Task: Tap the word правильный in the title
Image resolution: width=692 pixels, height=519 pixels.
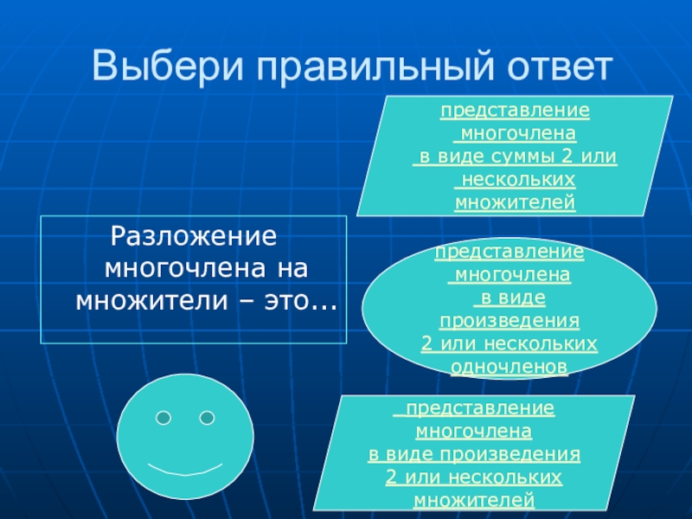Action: pyautogui.click(x=375, y=67)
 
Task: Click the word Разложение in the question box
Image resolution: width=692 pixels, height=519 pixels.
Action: pyautogui.click(x=193, y=236)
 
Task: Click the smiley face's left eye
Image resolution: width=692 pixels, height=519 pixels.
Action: pyautogui.click(x=163, y=418)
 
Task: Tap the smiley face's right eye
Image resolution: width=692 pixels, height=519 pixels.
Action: pyautogui.click(x=207, y=418)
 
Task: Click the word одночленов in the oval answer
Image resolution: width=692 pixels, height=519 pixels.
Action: pyautogui.click(x=509, y=367)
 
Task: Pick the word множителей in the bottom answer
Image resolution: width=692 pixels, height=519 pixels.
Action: pyautogui.click(x=474, y=501)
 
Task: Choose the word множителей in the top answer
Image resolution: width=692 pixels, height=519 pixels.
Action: pyautogui.click(x=515, y=202)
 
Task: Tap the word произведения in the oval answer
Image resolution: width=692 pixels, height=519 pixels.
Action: pyautogui.click(x=509, y=321)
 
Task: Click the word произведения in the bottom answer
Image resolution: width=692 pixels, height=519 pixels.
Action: pyautogui.click(x=509, y=455)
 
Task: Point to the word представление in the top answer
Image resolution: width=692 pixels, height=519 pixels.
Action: pyautogui.click(x=515, y=111)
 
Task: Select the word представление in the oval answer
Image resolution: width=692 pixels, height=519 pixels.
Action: pyautogui.click(x=509, y=253)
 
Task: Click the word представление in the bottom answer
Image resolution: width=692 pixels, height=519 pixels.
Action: pyautogui.click(x=480, y=408)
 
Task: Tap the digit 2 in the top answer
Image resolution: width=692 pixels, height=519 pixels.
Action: pyautogui.click(x=567, y=157)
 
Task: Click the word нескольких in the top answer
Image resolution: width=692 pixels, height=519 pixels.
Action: pyautogui.click(x=518, y=180)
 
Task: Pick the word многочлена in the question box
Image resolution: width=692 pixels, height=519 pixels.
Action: pyautogui.click(x=185, y=268)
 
